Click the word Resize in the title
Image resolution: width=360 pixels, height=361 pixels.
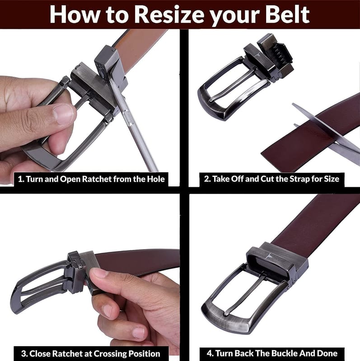[x=169, y=14]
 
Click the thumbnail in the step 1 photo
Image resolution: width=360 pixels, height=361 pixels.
[x=63, y=114]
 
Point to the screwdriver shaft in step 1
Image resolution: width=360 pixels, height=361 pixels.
[x=136, y=129]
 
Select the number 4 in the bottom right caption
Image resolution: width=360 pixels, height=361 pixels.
[x=209, y=353]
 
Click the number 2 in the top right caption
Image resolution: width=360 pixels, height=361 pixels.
[x=206, y=179]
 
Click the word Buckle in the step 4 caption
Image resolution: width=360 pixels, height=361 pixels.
[x=285, y=353]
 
